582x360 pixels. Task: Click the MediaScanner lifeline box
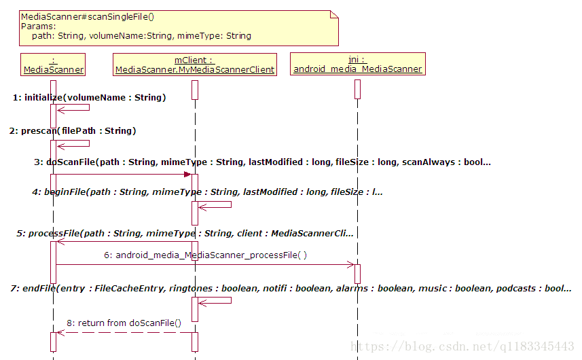coord(54,64)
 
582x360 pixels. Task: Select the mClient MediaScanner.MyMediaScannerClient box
coord(195,64)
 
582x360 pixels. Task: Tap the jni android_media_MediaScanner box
coord(357,64)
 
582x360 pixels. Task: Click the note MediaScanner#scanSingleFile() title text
coord(87,16)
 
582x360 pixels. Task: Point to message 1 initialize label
coord(89,98)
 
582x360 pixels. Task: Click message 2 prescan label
coord(73,130)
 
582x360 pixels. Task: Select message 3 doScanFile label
coord(261,162)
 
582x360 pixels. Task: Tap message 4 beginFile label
coord(207,192)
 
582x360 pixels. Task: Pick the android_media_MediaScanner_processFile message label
coord(205,255)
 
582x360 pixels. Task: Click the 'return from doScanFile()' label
coord(124,323)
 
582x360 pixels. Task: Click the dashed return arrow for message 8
coord(122,332)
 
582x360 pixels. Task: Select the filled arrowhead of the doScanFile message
coord(187,175)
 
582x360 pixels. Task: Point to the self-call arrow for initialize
coord(75,107)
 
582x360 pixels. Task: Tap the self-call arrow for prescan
coord(75,143)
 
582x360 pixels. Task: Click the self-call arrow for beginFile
coord(216,204)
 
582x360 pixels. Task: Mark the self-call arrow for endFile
coord(216,300)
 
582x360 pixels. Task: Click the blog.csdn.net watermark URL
coord(462,346)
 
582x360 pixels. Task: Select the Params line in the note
coord(39,26)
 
